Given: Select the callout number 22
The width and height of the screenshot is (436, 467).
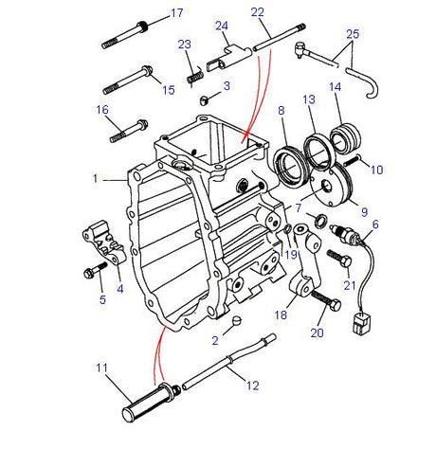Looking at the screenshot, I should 257,11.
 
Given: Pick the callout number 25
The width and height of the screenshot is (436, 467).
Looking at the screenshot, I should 353,34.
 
